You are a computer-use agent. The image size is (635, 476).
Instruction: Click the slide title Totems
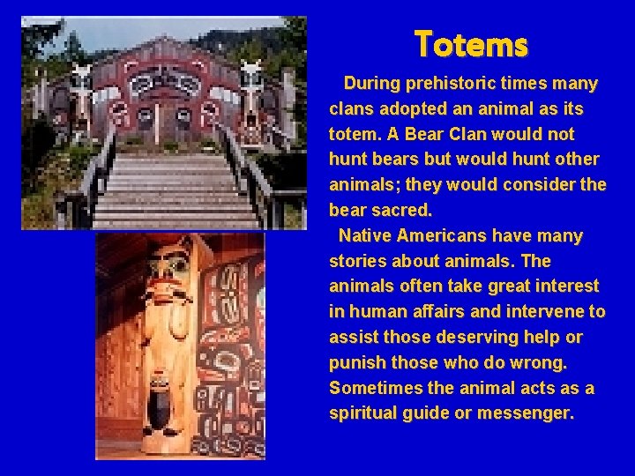pyautogui.click(x=471, y=42)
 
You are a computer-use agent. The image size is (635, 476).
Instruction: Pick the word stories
pyautogui.click(x=356, y=261)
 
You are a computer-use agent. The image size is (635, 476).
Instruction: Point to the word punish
pyautogui.click(x=356, y=362)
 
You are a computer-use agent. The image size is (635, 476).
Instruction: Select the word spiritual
pyautogui.click(x=362, y=413)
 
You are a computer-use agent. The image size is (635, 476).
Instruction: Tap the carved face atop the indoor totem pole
pyautogui.click(x=171, y=268)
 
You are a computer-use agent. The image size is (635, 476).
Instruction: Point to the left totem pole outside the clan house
pyautogui.click(x=81, y=97)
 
